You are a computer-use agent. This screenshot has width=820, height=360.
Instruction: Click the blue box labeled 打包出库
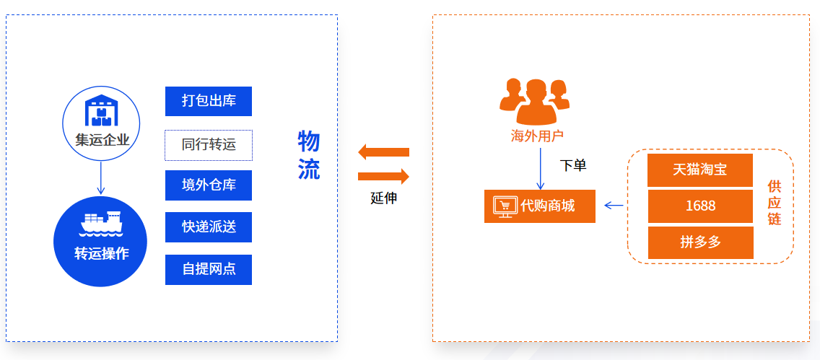(x=208, y=101)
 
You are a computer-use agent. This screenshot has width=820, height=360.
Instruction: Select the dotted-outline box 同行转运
(x=208, y=145)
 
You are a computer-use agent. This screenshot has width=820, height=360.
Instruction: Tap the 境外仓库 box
(x=208, y=185)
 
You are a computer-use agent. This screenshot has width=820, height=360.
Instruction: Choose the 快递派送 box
(x=208, y=227)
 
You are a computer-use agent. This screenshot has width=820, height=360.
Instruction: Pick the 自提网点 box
(x=208, y=269)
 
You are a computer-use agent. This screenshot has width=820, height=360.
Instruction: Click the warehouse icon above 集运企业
(x=102, y=111)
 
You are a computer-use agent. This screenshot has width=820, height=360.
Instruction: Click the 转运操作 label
(x=102, y=254)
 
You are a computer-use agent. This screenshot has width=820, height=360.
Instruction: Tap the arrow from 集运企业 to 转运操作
(x=102, y=177)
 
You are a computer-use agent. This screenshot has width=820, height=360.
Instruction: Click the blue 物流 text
(x=308, y=155)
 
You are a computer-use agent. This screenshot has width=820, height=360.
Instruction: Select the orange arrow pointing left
(x=383, y=152)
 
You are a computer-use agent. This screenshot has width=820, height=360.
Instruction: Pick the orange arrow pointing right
(x=383, y=176)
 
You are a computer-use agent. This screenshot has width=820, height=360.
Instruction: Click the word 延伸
(x=383, y=198)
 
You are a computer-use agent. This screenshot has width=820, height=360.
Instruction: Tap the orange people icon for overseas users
(x=534, y=102)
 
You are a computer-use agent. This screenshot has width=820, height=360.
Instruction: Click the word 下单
(x=573, y=165)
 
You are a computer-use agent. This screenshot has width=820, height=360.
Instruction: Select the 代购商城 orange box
(x=540, y=206)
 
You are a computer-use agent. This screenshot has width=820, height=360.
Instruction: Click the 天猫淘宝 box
(x=700, y=170)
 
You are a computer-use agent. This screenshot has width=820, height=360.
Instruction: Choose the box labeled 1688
(x=700, y=206)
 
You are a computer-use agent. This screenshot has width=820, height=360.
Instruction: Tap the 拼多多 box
(x=700, y=242)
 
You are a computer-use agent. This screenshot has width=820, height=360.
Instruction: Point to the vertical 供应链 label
(x=774, y=203)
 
